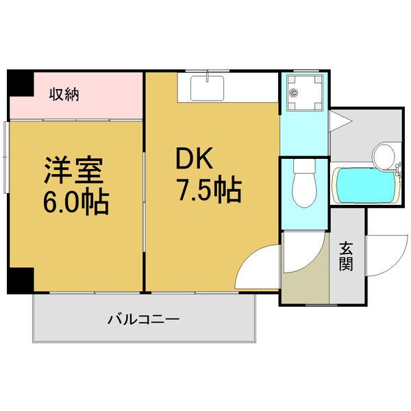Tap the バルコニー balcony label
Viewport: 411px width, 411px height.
143,319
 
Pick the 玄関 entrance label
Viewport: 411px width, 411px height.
345,256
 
